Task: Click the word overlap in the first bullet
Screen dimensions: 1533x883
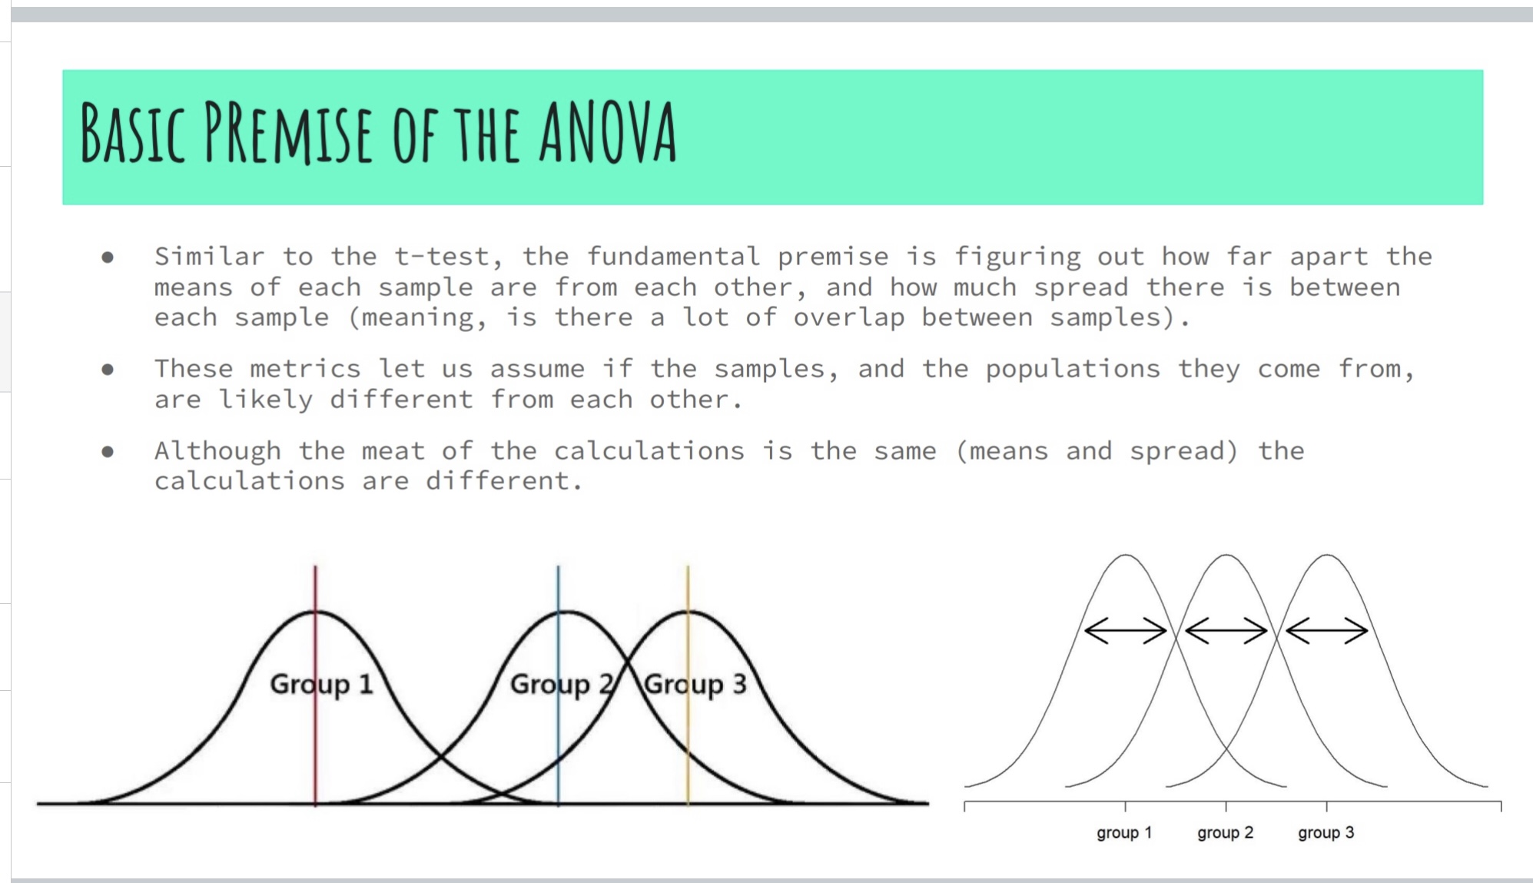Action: click(x=849, y=317)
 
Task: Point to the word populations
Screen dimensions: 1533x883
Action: click(x=1073, y=370)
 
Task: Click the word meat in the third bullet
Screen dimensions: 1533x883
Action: click(x=393, y=450)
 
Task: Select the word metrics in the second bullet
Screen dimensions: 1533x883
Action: click(x=305, y=369)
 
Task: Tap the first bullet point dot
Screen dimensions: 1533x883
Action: click(x=108, y=257)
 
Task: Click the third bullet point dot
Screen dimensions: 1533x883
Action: click(x=108, y=452)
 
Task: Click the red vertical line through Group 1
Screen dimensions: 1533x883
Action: click(x=315, y=685)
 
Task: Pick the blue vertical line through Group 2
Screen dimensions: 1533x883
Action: click(x=559, y=685)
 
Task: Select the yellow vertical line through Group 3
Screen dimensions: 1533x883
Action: click(x=688, y=685)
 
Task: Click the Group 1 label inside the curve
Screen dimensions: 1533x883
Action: click(x=321, y=684)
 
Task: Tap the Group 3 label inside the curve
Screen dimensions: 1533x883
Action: click(x=695, y=684)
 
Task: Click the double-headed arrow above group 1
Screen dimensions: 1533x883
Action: click(x=1125, y=631)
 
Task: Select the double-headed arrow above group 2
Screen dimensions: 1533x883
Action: click(x=1226, y=631)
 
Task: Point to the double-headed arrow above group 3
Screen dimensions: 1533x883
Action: click(x=1326, y=631)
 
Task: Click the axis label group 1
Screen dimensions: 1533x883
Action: click(x=1124, y=833)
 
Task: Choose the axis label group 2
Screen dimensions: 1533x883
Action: click(x=1225, y=833)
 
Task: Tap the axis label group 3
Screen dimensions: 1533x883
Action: click(x=1326, y=833)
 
